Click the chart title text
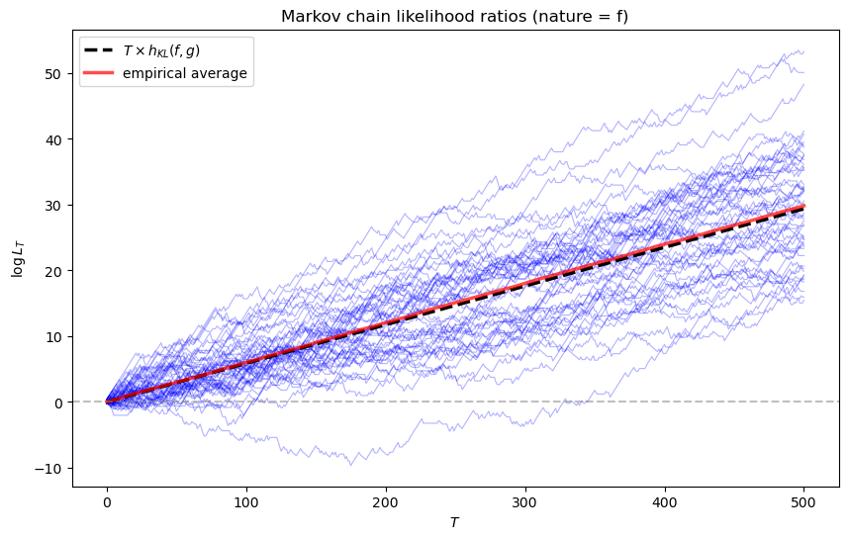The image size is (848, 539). (x=454, y=17)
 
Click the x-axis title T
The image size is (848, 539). (x=454, y=522)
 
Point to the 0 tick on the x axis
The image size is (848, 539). (x=107, y=502)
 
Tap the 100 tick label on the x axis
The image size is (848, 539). (x=246, y=502)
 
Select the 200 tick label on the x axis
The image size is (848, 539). (x=386, y=502)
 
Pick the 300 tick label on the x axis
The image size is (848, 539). (x=525, y=502)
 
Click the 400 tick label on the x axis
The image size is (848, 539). (x=665, y=502)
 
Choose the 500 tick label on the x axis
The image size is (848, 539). (x=803, y=502)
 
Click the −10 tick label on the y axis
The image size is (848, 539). (x=48, y=468)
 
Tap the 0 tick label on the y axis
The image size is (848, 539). (x=58, y=403)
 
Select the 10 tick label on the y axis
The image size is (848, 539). (x=55, y=337)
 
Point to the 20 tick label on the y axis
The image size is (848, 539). (x=55, y=271)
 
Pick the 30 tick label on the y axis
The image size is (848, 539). (x=55, y=205)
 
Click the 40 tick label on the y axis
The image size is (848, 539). (x=55, y=139)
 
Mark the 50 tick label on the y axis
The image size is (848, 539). (x=55, y=73)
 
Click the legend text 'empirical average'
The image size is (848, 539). (x=185, y=73)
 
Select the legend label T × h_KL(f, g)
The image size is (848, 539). (x=161, y=50)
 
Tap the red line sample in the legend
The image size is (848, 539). (x=98, y=73)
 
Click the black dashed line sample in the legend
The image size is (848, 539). (x=98, y=50)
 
